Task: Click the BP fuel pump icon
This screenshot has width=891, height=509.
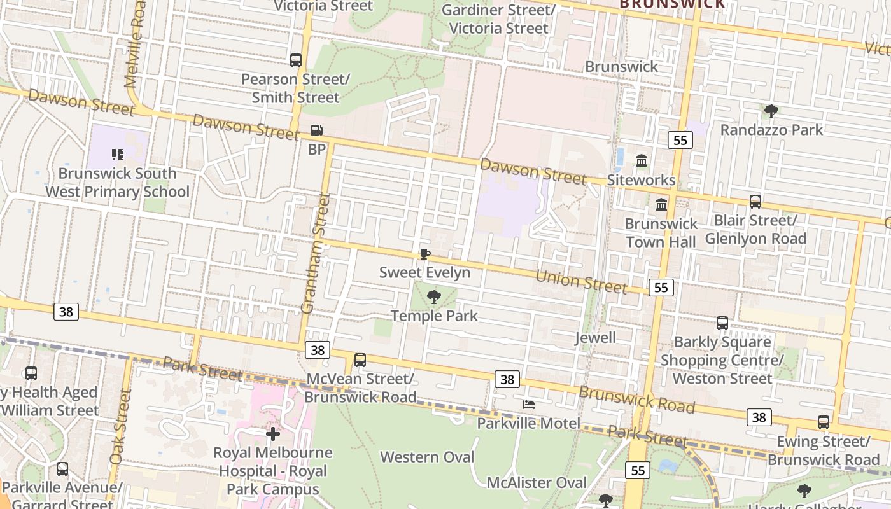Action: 316,131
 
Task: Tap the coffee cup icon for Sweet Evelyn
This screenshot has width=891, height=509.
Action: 424,254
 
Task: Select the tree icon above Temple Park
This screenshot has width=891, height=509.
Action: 434,296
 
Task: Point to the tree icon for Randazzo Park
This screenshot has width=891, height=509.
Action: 771,111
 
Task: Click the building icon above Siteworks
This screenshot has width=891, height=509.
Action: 641,161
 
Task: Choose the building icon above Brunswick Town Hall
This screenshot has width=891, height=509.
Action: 661,205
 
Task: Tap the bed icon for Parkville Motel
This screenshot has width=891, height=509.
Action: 528,405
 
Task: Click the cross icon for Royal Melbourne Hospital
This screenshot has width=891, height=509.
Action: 273,434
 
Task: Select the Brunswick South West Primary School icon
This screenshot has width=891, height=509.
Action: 117,155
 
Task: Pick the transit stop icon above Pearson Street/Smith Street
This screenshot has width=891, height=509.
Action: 296,60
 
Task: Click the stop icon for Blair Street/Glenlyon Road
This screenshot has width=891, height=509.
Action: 755,202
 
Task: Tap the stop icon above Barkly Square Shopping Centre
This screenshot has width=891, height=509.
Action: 722,323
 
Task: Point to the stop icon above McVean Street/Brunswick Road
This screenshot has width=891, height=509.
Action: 360,360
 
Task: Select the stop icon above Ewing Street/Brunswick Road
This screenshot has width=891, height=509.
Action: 824,422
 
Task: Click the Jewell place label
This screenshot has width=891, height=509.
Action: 595,337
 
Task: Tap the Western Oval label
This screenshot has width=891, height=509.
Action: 427,457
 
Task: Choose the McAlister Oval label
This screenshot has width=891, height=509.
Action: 537,482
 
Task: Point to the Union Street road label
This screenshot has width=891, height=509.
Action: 581,281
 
